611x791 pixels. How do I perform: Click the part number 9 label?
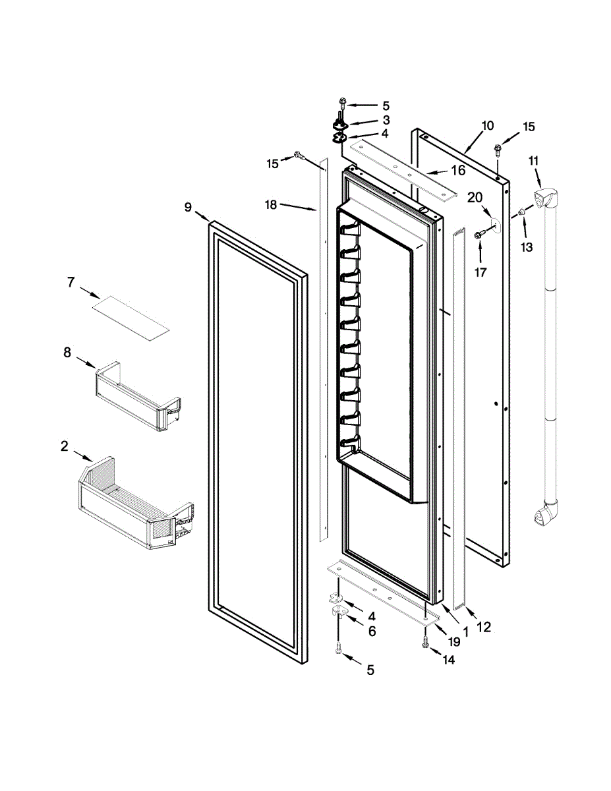[188, 208]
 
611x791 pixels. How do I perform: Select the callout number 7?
[71, 282]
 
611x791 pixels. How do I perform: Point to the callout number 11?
[533, 160]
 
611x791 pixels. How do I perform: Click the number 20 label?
[475, 196]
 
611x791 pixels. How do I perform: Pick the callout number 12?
[483, 628]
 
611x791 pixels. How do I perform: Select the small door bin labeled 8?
[137, 395]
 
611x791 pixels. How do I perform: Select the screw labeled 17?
[479, 231]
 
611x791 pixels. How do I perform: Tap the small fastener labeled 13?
[521, 212]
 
